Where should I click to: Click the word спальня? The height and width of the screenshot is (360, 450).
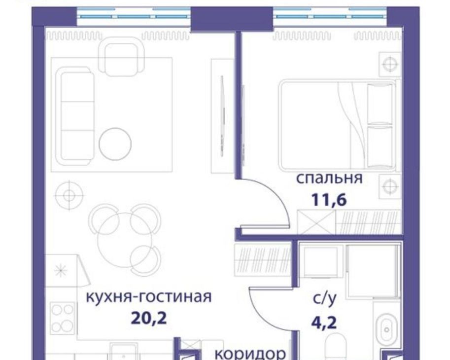pyautogui.click(x=329, y=179)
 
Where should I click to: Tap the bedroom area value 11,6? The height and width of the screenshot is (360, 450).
pyautogui.click(x=329, y=200)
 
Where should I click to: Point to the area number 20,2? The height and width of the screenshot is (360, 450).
pyautogui.click(x=149, y=318)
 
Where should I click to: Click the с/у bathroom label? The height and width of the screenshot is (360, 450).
pyautogui.click(x=324, y=299)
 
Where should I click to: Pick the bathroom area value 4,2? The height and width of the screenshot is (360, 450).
pyautogui.click(x=324, y=322)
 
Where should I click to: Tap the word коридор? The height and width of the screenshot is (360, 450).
pyautogui.click(x=250, y=354)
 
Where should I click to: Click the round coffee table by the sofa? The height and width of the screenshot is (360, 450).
pyautogui.click(x=115, y=144)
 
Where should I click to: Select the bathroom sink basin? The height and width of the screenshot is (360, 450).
pyautogui.click(x=387, y=329)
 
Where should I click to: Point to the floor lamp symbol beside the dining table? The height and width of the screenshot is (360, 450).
pyautogui.click(x=69, y=195)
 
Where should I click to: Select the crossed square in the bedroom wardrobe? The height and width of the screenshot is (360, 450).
pyautogui.click(x=316, y=222)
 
